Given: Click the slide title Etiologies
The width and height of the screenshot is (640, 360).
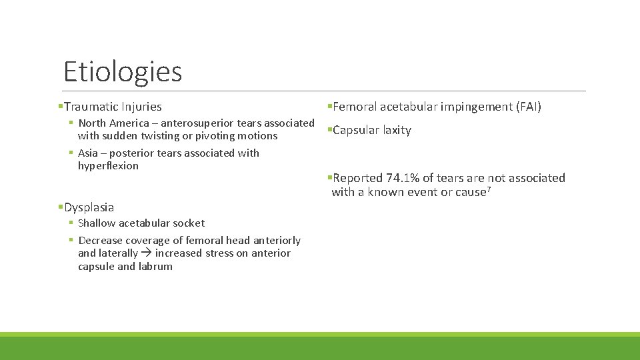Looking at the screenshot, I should pos(122,71).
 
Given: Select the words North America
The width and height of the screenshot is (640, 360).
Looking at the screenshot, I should pos(113,123).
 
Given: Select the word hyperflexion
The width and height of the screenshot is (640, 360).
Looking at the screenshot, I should pos(108,166).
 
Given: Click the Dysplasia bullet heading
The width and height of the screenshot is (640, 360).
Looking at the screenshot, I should pos(89,207).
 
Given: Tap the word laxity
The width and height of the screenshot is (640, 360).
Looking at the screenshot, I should pos(397,131).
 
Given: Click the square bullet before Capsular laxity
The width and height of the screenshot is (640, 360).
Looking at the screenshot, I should pos(329,131).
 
